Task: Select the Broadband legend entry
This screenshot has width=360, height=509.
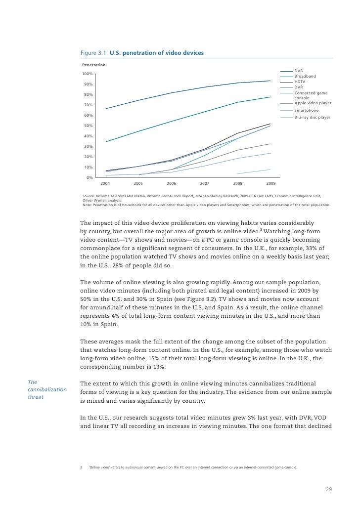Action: coord(305,77)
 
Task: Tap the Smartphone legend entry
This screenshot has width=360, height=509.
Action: coord(307,110)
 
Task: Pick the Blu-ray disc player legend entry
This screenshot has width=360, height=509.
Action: coord(312,118)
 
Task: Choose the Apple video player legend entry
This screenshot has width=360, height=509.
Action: coord(313,103)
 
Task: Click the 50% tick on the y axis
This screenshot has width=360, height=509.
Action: coord(88,126)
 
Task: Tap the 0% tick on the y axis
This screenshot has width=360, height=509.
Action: coord(90,177)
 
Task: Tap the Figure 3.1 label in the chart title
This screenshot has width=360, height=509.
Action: coord(94,53)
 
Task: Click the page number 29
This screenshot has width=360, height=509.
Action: coord(328,490)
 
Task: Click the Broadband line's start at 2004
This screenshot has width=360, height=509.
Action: coord(106,142)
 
